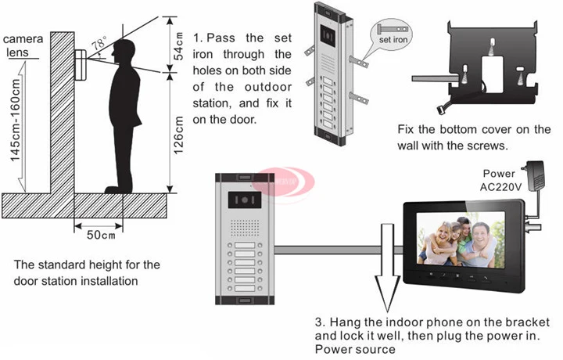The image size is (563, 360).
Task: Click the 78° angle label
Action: (99, 45)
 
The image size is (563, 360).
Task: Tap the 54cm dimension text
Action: (178, 46)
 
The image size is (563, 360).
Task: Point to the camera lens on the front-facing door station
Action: (241, 200)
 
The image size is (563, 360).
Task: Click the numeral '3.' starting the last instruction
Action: (320, 322)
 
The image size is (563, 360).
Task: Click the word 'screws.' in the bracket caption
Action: (487, 146)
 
